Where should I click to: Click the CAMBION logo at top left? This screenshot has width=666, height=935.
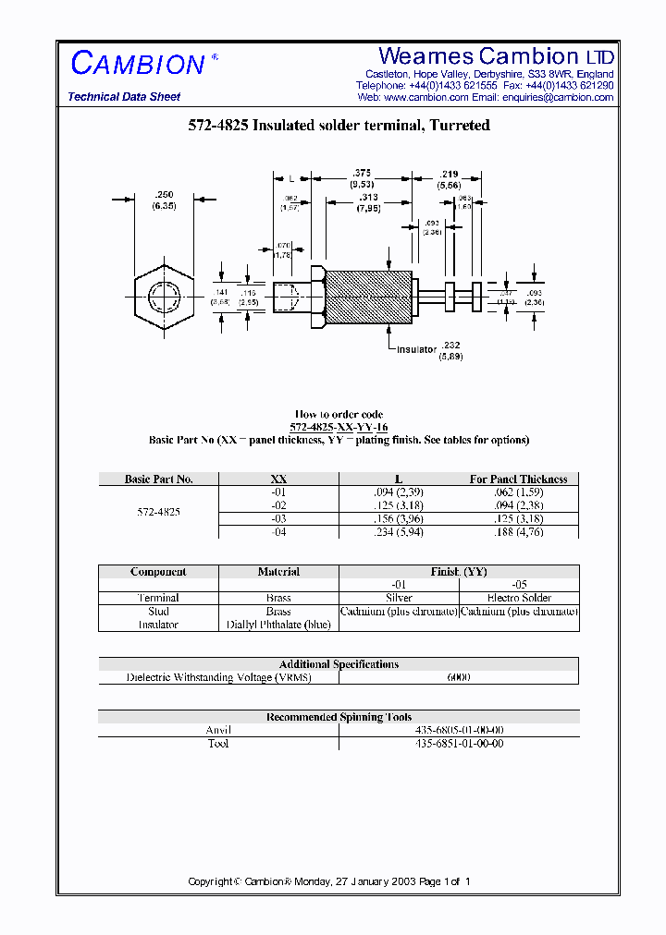(x=138, y=64)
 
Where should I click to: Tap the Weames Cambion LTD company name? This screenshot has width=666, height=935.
(x=497, y=56)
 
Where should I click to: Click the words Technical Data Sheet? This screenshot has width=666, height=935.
(x=124, y=97)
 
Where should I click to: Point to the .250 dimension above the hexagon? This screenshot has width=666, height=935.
(x=166, y=194)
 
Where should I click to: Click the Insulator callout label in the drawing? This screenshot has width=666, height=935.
(x=417, y=350)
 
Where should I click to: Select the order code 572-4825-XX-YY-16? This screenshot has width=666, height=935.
(x=339, y=428)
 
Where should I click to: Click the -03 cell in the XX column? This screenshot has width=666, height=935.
(x=278, y=519)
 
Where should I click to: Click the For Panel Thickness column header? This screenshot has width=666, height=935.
(x=518, y=480)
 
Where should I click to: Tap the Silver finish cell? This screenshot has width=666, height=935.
(x=399, y=598)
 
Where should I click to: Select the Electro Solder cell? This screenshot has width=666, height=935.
(x=519, y=598)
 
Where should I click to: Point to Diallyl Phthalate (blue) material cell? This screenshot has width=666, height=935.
(x=278, y=625)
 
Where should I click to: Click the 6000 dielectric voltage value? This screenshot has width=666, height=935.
(x=459, y=677)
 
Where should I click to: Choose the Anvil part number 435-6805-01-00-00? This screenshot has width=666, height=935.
(x=459, y=730)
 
